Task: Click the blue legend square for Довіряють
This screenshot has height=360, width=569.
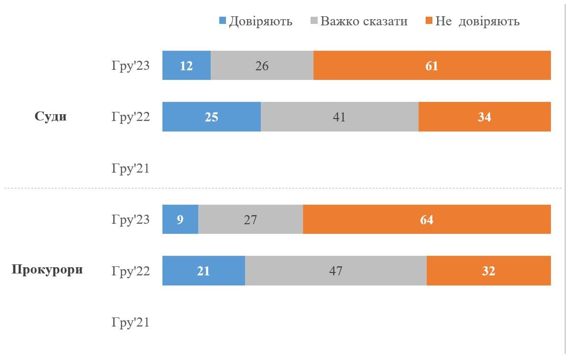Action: point(222,21)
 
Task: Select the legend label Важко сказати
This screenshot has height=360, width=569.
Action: point(364,21)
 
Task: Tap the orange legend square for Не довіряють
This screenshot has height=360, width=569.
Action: point(428,21)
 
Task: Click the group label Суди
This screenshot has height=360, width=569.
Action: point(51,117)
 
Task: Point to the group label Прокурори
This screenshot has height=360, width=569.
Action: point(47,270)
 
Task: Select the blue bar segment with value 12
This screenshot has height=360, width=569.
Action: point(186,65)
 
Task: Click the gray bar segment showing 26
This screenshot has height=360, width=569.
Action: point(262,65)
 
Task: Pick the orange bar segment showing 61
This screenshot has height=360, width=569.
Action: point(432,65)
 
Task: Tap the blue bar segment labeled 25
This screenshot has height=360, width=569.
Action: point(212,117)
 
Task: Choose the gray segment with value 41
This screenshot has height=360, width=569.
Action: point(339,117)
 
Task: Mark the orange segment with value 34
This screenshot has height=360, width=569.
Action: point(484,117)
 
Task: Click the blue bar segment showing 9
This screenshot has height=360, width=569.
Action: point(180,219)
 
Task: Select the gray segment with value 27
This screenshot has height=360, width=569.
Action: point(250,219)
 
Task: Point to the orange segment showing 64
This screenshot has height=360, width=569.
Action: point(427,219)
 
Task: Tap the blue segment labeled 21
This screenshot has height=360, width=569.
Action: point(204,271)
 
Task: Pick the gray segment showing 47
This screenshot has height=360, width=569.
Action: point(335,271)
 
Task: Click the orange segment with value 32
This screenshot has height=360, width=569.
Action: point(488,271)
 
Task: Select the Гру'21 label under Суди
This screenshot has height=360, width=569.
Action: point(130,168)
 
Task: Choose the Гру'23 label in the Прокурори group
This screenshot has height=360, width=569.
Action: point(130,219)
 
